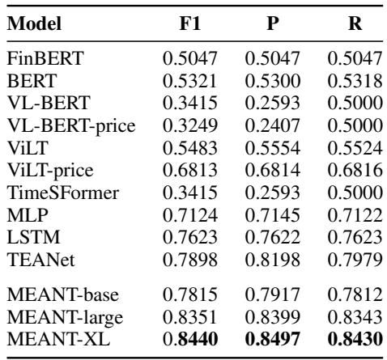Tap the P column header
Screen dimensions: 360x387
271,25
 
